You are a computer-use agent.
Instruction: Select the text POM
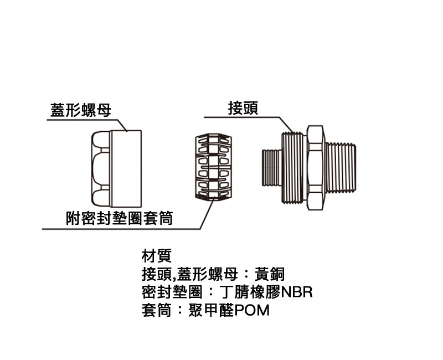pos(252,310)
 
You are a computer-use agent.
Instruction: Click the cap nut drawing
pos(116,167)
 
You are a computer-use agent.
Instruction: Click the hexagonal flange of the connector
pos(314,166)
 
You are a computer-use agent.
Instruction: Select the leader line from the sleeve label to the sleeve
pos(206,213)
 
